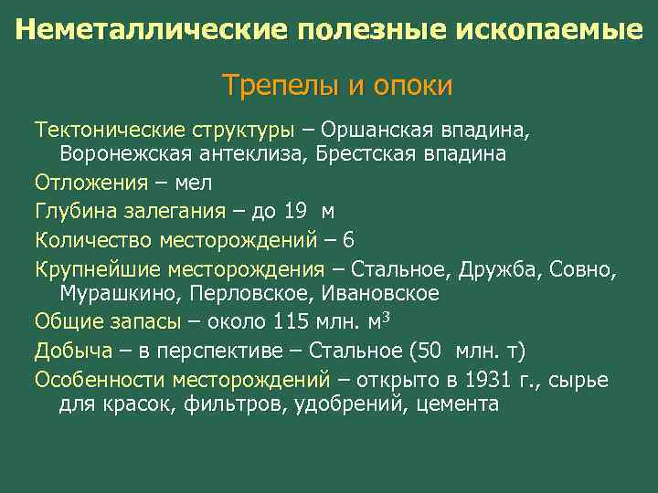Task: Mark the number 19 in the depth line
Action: pyautogui.click(x=295, y=211)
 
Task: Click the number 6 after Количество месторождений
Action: pyautogui.click(x=348, y=239)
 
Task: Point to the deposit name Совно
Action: pyautogui.click(x=584, y=268)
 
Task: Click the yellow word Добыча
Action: pyautogui.click(x=74, y=350)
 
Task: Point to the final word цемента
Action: pyautogui.click(x=457, y=403)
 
